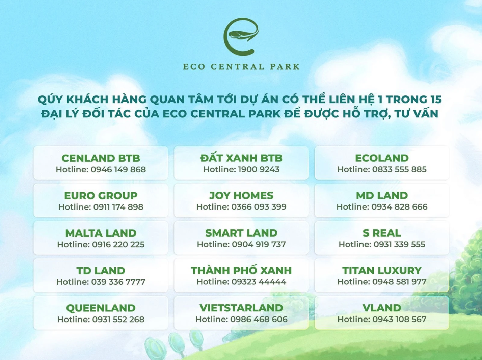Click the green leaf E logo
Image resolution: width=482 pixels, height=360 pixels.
pyautogui.click(x=241, y=36)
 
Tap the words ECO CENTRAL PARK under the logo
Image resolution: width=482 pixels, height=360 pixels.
pyautogui.click(x=241, y=67)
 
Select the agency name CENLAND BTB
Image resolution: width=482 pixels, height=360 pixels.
pyautogui.click(x=101, y=158)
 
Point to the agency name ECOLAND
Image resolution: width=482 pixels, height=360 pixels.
pyautogui.click(x=382, y=158)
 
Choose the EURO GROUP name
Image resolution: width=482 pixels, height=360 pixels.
pyautogui.click(x=101, y=195)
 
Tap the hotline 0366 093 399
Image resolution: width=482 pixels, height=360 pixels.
pyautogui.click(x=259, y=207)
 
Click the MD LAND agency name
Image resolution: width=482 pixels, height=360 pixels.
pyautogui.click(x=382, y=195)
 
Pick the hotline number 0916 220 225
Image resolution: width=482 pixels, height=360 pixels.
pyautogui.click(x=118, y=244)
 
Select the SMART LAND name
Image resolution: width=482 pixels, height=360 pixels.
pyautogui.click(x=241, y=233)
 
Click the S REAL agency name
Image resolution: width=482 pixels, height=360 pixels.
pyautogui.click(x=382, y=233)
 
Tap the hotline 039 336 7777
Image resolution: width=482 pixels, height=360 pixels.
pyautogui.click(x=118, y=282)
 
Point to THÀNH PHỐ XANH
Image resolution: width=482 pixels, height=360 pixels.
pyautogui.click(x=241, y=270)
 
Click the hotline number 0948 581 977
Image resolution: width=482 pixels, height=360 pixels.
pyautogui.click(x=399, y=282)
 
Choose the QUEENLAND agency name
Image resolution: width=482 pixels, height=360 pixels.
pyautogui.click(x=101, y=308)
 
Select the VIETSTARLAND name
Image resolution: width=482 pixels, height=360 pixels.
pyautogui.click(x=241, y=308)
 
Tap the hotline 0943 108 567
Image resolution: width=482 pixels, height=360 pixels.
pyautogui.click(x=399, y=319)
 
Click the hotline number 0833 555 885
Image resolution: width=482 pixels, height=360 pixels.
pyautogui.click(x=399, y=169)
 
